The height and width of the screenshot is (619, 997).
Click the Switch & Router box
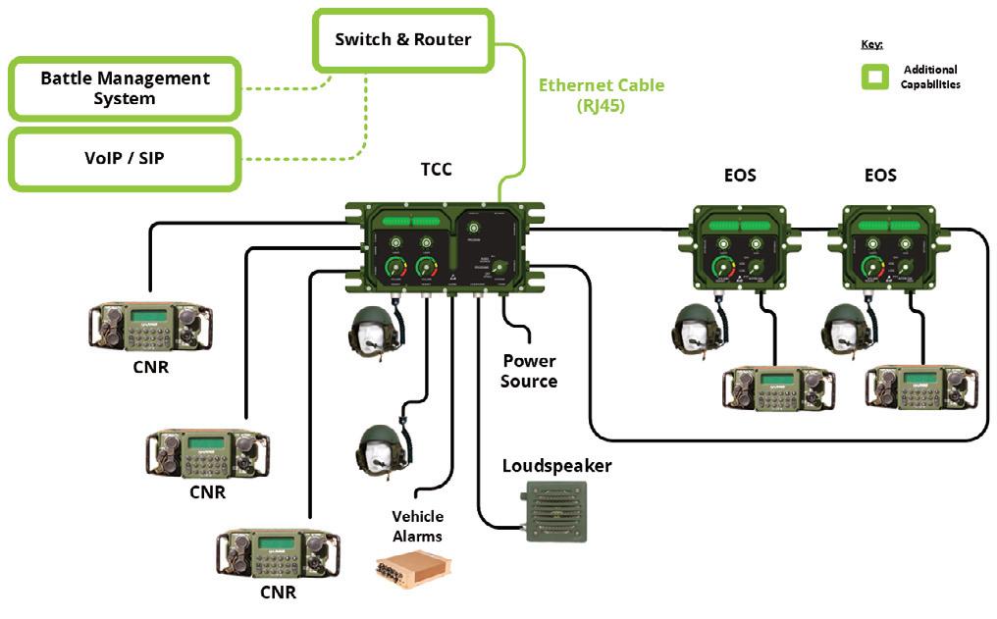(402, 40)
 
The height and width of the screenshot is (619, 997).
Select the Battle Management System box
(125, 87)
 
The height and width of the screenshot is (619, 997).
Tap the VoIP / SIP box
(125, 158)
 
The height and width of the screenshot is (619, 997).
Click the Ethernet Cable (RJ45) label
(601, 94)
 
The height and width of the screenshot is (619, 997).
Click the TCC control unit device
(445, 250)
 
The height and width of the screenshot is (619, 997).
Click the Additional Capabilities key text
(929, 77)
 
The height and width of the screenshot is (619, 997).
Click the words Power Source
(528, 371)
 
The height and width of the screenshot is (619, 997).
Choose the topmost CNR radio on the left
(149, 328)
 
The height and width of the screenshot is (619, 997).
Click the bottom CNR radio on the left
(278, 555)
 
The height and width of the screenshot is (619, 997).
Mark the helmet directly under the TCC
(374, 331)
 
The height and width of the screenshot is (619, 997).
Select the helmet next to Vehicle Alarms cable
(381, 450)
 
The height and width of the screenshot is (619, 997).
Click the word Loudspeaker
(556, 465)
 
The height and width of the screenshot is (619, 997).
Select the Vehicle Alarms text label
(417, 526)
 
